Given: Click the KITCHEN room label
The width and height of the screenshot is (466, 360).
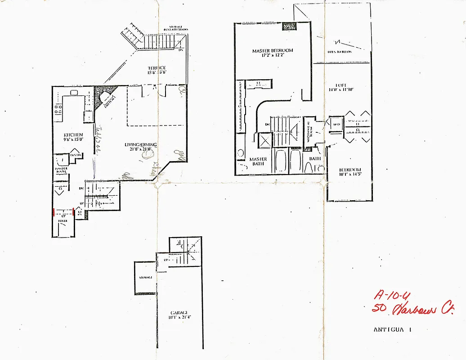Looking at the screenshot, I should (73, 135).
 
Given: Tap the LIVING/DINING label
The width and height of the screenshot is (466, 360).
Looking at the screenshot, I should (141, 145).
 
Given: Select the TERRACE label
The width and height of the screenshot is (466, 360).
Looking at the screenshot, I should (156, 68).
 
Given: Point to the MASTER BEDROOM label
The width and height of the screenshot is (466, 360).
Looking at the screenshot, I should (273, 50).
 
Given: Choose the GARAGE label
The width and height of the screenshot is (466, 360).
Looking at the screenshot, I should (179, 313).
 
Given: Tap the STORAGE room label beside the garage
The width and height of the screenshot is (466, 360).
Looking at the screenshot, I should (145, 278).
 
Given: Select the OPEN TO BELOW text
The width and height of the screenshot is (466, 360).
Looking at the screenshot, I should (340, 52).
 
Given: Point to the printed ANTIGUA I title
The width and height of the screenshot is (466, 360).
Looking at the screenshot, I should (393, 329).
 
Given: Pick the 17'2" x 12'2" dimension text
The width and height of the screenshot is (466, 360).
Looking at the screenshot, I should (273, 56).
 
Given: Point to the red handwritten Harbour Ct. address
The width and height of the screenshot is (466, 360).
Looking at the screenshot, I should (413, 310).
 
